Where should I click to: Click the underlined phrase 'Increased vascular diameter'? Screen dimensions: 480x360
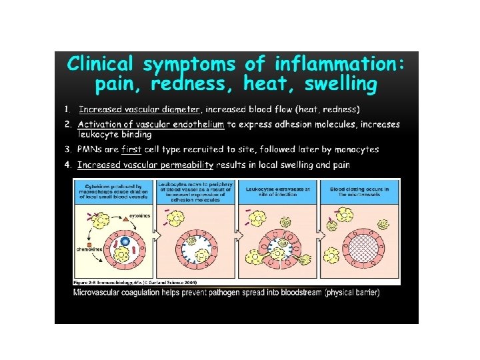(x=139, y=109)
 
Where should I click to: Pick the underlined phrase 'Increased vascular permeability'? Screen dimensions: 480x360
(x=145, y=165)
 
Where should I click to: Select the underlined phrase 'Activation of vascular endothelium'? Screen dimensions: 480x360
(x=151, y=124)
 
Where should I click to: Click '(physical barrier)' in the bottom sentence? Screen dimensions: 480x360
(x=352, y=293)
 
